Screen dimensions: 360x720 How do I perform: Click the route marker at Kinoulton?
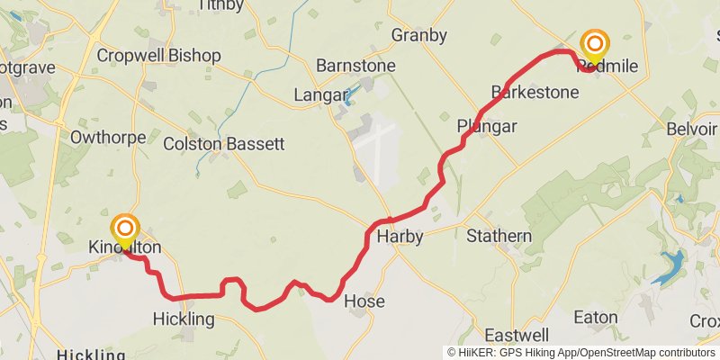(x=125, y=229)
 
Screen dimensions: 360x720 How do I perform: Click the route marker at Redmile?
(x=594, y=44)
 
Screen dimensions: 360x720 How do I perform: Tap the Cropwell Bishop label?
(x=158, y=56)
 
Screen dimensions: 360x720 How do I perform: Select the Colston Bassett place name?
(x=223, y=143)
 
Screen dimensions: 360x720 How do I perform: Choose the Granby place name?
(x=418, y=35)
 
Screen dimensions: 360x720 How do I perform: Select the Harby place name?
(x=400, y=237)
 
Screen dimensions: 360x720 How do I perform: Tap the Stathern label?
(x=499, y=237)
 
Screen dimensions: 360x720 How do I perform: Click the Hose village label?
(x=364, y=301)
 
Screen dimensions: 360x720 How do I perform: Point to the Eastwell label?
(x=517, y=335)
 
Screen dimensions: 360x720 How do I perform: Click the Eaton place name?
(x=596, y=318)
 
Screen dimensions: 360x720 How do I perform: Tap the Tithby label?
(x=221, y=5)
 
